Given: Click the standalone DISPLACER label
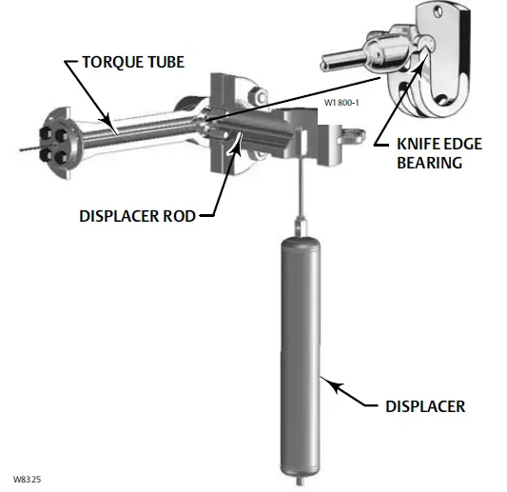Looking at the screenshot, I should click(426, 406).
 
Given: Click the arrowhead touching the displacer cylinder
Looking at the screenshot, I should click(327, 383).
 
